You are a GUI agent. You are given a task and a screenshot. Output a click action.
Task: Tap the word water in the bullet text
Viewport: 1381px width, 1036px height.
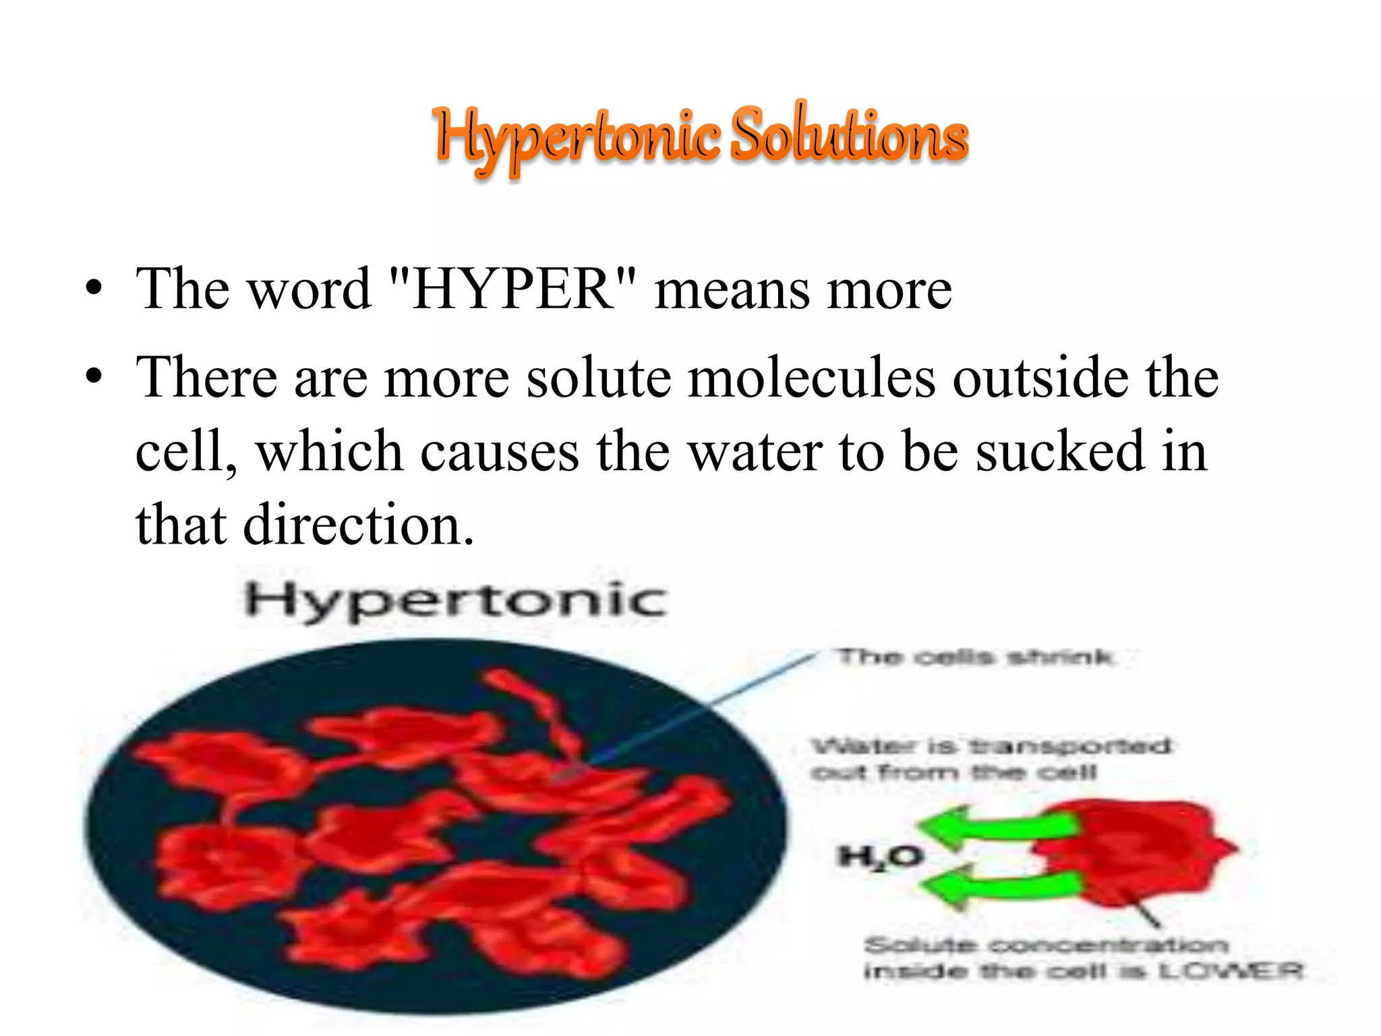(x=755, y=451)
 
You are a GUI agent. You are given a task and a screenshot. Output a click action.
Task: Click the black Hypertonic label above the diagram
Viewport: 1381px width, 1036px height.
(x=456, y=599)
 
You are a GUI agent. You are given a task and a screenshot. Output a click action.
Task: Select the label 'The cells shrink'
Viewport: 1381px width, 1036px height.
(x=974, y=656)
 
